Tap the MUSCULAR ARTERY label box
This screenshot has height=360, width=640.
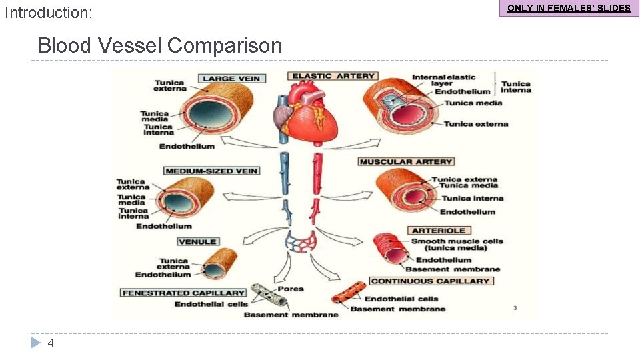pyautogui.click(x=406, y=161)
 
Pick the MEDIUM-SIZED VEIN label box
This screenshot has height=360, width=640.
pyautogui.click(x=211, y=171)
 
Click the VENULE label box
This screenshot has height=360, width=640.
pyautogui.click(x=197, y=241)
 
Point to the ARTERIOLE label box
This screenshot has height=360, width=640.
pyautogui.click(x=440, y=231)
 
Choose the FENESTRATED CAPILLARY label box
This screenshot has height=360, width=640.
pyautogui.click(x=183, y=293)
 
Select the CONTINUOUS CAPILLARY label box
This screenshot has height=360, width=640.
pyautogui.click(x=430, y=281)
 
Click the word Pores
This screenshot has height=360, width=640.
pyautogui.click(x=291, y=289)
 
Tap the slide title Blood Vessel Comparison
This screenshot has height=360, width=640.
pyautogui.click(x=160, y=45)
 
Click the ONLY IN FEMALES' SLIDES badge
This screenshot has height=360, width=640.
pyautogui.click(x=569, y=9)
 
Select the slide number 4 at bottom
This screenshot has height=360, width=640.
pyautogui.click(x=51, y=343)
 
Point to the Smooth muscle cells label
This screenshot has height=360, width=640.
pyautogui.click(x=457, y=245)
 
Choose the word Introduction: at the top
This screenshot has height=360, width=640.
pyautogui.click(x=49, y=13)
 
